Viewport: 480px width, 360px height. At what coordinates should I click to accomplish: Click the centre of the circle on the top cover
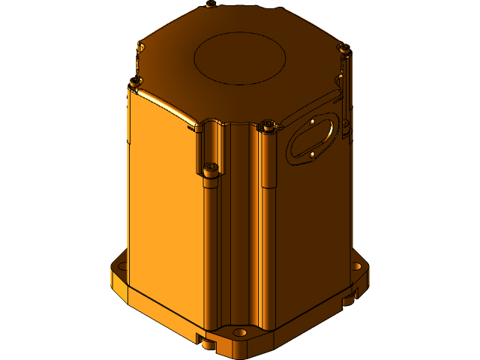point(240,58)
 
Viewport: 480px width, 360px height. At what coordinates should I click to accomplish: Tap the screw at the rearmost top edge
point(211,4)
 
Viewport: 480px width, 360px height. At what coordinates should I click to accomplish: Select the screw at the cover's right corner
point(344,48)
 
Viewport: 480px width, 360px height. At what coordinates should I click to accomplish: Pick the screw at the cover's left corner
point(135,81)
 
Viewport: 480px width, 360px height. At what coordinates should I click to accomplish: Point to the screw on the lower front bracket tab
point(211,167)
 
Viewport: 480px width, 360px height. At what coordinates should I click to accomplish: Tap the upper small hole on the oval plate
point(310,120)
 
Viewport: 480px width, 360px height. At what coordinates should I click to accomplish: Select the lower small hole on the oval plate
point(312,154)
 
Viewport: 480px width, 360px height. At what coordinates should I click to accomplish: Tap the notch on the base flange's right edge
point(349,301)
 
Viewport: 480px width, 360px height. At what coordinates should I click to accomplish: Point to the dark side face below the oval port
point(315,225)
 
